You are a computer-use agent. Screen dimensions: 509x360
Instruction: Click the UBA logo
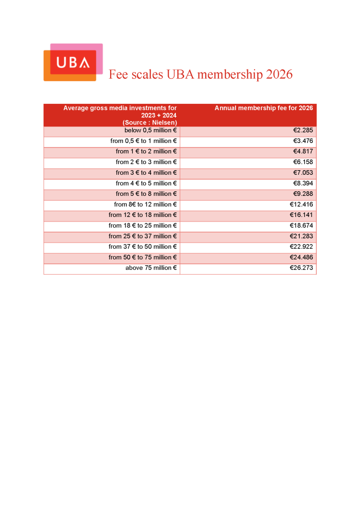coord(73,62)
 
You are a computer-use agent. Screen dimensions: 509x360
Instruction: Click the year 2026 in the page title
coord(279,75)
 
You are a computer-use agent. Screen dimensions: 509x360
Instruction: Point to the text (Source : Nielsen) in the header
coord(150,122)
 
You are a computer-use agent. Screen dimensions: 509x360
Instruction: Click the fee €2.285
coord(303,131)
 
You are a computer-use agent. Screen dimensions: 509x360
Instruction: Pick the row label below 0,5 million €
coord(151,131)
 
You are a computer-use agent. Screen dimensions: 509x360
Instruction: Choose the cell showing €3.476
coord(303,141)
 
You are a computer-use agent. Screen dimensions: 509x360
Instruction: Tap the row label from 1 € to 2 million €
coord(147,152)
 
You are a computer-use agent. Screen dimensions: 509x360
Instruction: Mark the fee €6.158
coord(303,162)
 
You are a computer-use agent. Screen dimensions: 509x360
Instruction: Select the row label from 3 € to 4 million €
coord(147,173)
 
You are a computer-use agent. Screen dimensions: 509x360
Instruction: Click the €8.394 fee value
coord(303,184)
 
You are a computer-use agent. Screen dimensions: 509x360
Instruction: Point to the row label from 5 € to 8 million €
coord(147,194)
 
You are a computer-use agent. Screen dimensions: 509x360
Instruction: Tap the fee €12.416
coord(301,205)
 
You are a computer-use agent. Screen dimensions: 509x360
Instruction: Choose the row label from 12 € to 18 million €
coord(143,215)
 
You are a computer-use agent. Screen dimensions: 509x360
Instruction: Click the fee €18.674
coord(301,226)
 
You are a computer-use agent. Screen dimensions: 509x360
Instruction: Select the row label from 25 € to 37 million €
coord(143,236)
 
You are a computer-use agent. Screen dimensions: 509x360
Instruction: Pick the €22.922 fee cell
coord(301,247)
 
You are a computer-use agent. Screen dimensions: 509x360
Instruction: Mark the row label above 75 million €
coord(151,268)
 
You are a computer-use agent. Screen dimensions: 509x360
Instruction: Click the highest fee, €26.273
coord(301,268)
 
